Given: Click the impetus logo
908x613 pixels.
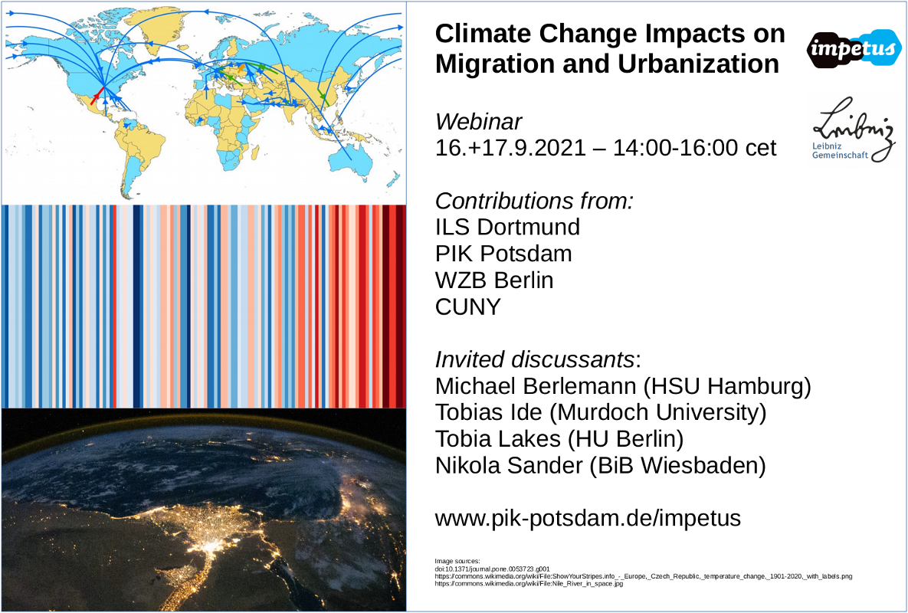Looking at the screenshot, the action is click(x=854, y=48).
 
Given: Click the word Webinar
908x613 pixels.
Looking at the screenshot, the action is click(x=478, y=122).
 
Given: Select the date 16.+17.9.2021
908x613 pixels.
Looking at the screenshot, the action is click(x=511, y=148).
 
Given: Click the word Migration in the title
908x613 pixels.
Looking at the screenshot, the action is click(x=494, y=64).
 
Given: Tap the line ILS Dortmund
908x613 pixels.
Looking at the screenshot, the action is click(x=507, y=227).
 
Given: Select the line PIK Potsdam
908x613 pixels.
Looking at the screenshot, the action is click(x=503, y=254).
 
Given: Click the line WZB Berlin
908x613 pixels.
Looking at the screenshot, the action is click(x=494, y=280).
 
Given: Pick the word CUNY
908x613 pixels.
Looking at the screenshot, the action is click(x=468, y=306).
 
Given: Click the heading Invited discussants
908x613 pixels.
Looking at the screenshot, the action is click(x=536, y=359).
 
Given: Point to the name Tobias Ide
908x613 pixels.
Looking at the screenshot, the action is click(x=489, y=413).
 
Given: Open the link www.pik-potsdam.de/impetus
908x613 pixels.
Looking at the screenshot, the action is click(x=588, y=519).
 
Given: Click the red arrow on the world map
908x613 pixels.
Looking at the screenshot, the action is click(x=97, y=96).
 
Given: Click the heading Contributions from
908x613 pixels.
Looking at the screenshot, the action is click(x=534, y=201).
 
